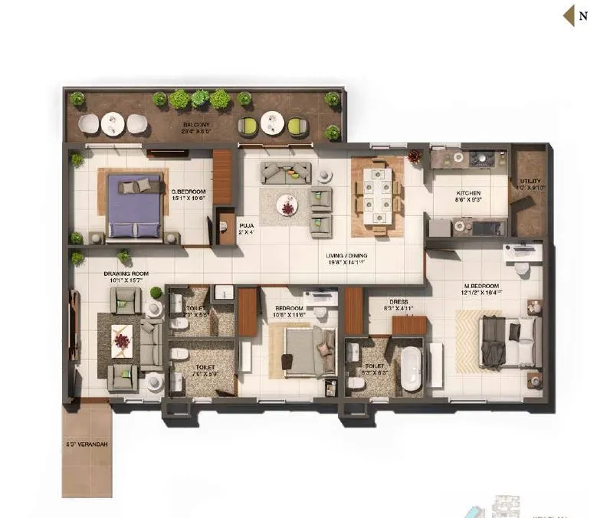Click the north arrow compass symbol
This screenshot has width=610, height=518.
point(569,15)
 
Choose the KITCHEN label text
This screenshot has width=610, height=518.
point(468,193)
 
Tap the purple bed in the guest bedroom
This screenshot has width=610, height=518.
point(136,205)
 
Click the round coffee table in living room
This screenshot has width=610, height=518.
point(287,205)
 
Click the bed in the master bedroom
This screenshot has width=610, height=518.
point(506,341)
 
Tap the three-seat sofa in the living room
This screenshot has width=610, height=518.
point(286,171)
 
